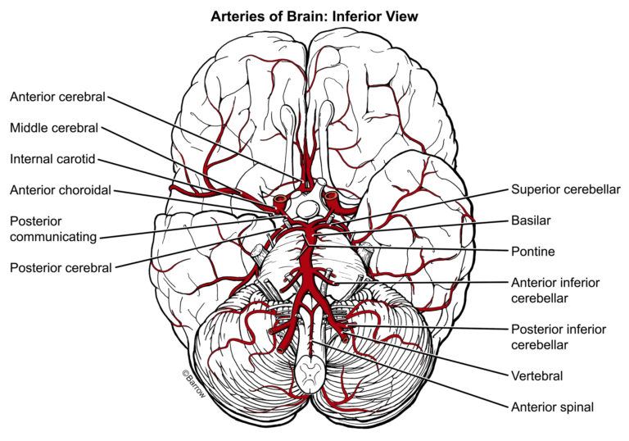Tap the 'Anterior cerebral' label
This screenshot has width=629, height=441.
(57, 97)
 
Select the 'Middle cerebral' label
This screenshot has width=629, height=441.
(54, 128)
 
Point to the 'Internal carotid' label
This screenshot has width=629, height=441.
(54, 158)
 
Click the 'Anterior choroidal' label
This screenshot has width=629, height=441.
(61, 190)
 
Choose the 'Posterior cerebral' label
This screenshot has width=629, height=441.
(61, 266)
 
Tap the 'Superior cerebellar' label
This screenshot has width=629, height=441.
(566, 189)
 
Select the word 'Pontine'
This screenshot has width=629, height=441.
(533, 252)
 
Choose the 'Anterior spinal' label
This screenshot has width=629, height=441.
(552, 406)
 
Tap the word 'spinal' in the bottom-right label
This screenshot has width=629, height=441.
(576, 406)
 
